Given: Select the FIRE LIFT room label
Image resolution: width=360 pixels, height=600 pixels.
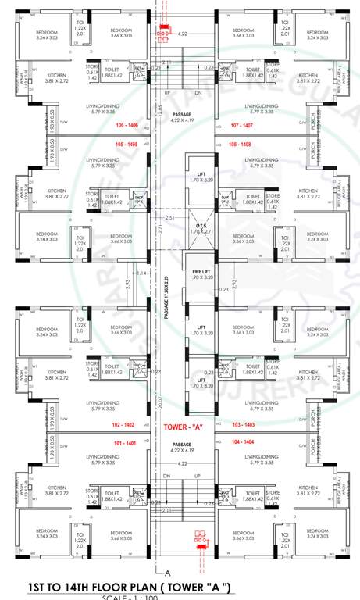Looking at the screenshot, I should point(201,274).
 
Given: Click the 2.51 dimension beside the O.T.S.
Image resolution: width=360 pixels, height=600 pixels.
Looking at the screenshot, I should point(171,219).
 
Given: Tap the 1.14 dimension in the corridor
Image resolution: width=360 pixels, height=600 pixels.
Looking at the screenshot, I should point(140,273).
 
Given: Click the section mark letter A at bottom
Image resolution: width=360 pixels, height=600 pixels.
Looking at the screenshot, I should point(167,573).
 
